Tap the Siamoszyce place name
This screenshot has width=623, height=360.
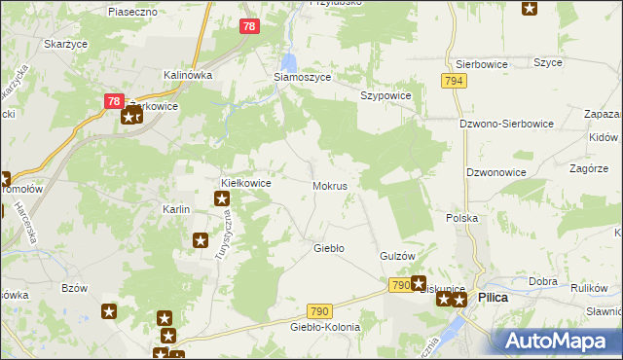301,77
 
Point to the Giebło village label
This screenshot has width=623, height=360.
328,248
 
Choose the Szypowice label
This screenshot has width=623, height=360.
386,96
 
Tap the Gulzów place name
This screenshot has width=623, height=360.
397,256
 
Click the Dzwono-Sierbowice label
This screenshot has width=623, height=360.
506,125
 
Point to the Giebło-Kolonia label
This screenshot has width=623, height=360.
324,327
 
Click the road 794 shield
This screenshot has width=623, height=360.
453,81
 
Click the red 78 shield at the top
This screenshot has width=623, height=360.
249,27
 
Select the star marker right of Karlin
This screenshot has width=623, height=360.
201,240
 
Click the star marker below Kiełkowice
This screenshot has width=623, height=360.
222,199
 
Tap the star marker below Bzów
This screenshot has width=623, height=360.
110,311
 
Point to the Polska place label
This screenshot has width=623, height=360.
461,219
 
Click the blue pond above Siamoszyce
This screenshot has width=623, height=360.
289,60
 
